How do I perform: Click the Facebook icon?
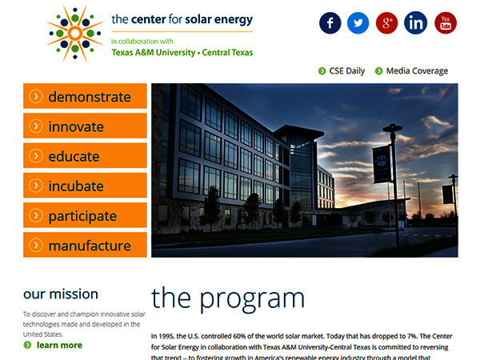tap(330, 23)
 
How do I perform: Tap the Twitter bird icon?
tap(358, 23)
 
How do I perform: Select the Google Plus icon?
tap(386, 23)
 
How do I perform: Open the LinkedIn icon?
tap(415, 23)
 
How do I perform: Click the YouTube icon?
tap(446, 23)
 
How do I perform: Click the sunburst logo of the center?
tap(75, 34)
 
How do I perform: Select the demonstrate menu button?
tap(85, 96)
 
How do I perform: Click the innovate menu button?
tap(85, 126)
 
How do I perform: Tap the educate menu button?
tap(85, 155)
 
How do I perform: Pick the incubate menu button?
tap(85, 186)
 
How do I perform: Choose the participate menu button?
tap(85, 215)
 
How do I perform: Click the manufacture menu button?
tap(85, 245)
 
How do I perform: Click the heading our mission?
tap(61, 294)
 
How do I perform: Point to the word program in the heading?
tap(252, 300)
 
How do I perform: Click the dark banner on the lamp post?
tap(382, 164)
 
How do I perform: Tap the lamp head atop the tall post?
tap(393, 127)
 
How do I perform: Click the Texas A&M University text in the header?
tap(154, 53)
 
